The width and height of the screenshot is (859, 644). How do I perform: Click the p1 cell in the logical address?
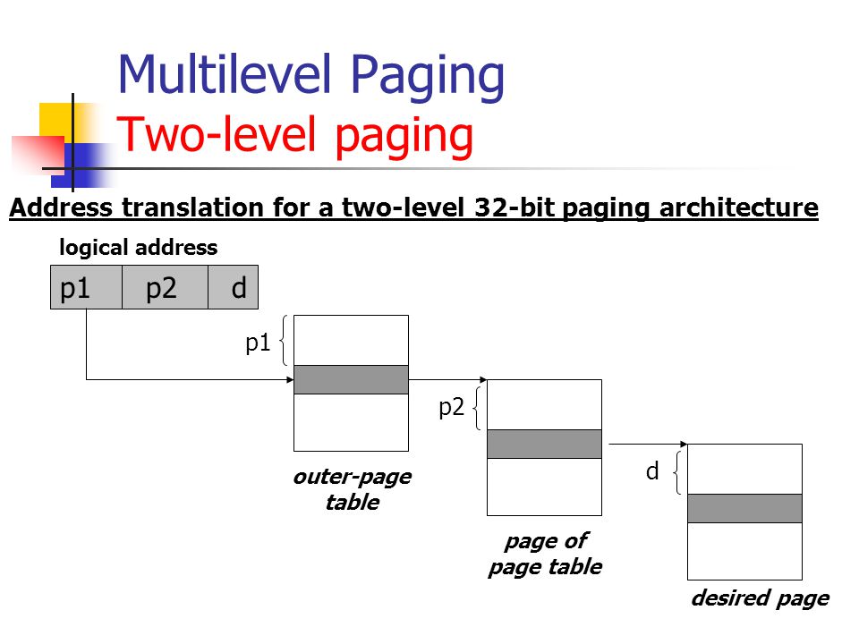coord(86,287)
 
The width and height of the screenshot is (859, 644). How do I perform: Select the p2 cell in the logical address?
coord(165,287)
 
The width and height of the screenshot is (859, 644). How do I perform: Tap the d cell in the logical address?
coord(234,287)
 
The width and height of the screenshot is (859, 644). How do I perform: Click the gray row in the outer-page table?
coord(351,379)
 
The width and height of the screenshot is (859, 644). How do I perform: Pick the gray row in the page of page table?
coord(544,444)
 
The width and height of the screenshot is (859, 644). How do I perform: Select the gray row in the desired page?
coord(744,508)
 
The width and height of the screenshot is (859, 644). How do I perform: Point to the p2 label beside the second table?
coord(451,408)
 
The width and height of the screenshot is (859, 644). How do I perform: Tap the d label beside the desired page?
coord(652,471)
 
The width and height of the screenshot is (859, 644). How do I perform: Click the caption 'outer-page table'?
coord(352,489)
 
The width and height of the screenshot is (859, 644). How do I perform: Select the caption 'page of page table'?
coord(544,554)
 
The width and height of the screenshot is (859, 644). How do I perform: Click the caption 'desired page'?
coord(759,598)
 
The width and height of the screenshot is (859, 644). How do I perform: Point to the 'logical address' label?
coord(138,248)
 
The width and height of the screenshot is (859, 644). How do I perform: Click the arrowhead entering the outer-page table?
coord(290,380)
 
